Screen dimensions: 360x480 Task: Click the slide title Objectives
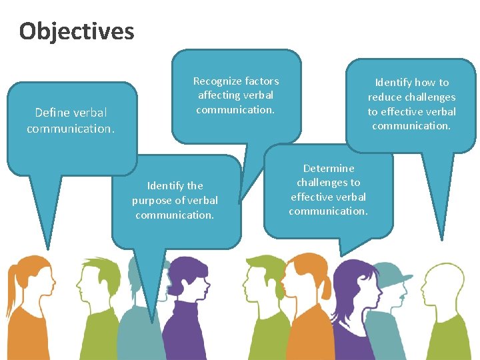pyautogui.click(x=77, y=31)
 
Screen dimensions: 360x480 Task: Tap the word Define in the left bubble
pyautogui.click(x=52, y=113)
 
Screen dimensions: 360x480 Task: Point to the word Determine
pyautogui.click(x=328, y=168)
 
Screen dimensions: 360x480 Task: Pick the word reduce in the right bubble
pyautogui.click(x=383, y=97)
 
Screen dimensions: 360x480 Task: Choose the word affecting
pyautogui.click(x=219, y=95)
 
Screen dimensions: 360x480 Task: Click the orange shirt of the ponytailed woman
pyautogui.click(x=23, y=333)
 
